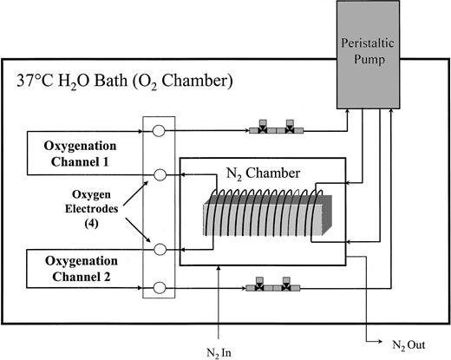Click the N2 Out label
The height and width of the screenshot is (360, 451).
(x=405, y=344)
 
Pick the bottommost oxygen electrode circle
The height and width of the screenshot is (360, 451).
(x=160, y=287)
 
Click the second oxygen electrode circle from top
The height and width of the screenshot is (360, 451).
(x=160, y=175)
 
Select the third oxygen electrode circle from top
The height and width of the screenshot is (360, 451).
(x=160, y=249)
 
